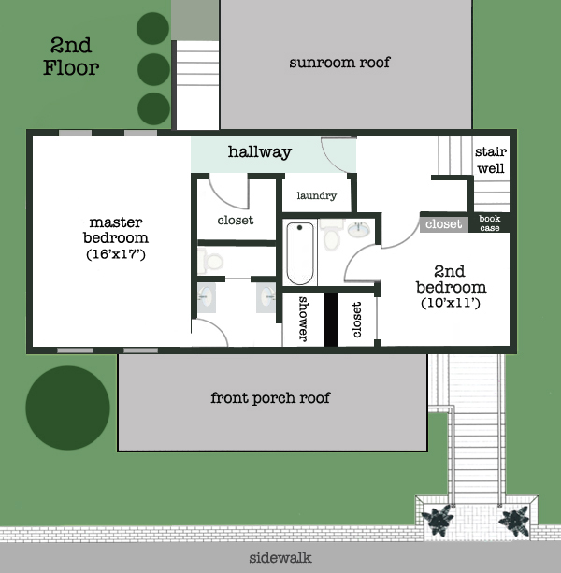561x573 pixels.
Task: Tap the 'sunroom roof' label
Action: [339, 63]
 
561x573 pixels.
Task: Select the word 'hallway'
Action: [260, 151]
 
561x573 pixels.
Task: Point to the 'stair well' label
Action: [490, 160]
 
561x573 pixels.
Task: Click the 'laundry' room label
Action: [316, 196]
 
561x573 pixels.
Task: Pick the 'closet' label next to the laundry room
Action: [235, 221]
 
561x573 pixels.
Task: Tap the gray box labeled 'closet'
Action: [443, 224]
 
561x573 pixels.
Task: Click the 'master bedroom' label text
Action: [116, 230]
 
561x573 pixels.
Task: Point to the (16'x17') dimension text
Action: [116, 254]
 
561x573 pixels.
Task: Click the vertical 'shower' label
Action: [303, 320]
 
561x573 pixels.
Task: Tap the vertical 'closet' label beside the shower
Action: [357, 320]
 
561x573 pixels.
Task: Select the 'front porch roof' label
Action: [270, 397]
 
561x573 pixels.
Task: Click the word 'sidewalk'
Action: [280, 558]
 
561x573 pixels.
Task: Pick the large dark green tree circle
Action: [67, 408]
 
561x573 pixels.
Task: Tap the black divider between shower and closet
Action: [330, 320]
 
